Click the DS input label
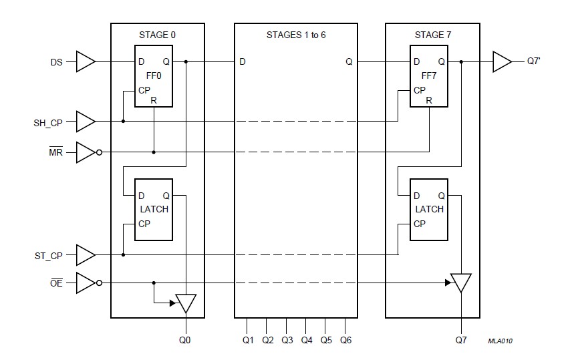pos(57,62)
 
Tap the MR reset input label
pos(57,152)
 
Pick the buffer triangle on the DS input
pos(85,62)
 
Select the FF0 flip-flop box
pos(153,76)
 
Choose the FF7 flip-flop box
pos(428,76)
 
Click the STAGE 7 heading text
pos(432,33)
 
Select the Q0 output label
pos(185,339)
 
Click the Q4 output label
pos(306,339)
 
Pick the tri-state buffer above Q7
pos(461,283)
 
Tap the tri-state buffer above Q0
pos(186,303)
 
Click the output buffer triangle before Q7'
pos(501,62)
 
